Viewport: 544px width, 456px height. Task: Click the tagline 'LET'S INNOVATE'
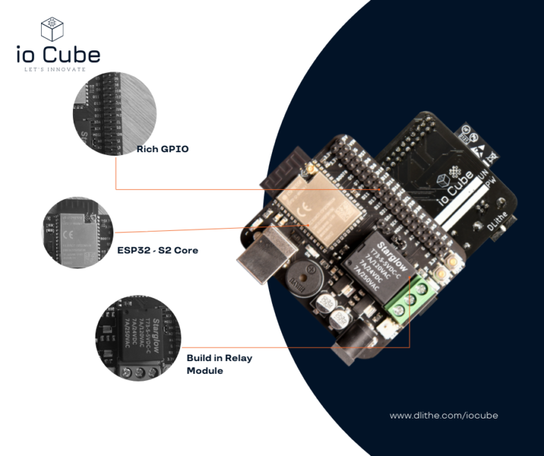coord(55,69)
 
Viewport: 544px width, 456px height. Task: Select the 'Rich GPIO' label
coord(163,149)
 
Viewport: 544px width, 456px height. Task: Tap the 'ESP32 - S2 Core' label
coord(157,251)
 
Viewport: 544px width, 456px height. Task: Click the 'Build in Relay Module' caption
coord(219,364)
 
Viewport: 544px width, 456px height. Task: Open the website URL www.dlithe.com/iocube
coord(443,415)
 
